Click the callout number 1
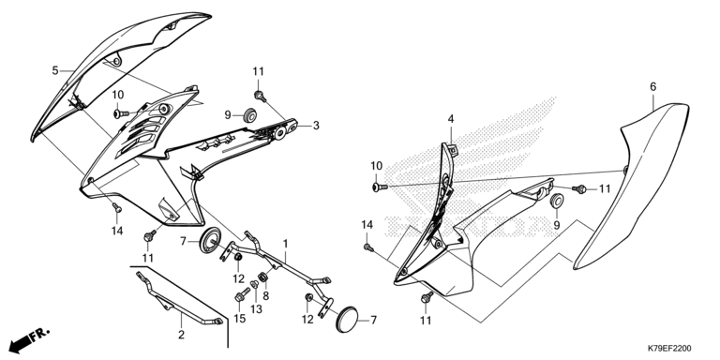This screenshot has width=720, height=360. pyautogui.click(x=285, y=243)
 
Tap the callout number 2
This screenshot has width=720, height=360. pyautogui.click(x=181, y=335)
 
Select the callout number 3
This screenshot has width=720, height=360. pyautogui.click(x=316, y=125)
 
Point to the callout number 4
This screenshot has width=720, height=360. pyautogui.click(x=451, y=119)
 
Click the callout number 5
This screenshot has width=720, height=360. pyautogui.click(x=55, y=70)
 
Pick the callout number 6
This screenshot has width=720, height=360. pyautogui.click(x=652, y=86)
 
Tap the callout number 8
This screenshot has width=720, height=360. pyautogui.click(x=266, y=296)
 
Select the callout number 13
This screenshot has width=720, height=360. pyautogui.click(x=256, y=309)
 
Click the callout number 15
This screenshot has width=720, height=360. pyautogui.click(x=240, y=319)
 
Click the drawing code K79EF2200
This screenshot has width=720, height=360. pyautogui.click(x=669, y=349)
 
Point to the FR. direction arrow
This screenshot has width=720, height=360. pyautogui.click(x=29, y=339)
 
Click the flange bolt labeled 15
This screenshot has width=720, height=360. pyautogui.click(x=242, y=294)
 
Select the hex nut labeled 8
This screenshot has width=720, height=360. pyautogui.click(x=263, y=277)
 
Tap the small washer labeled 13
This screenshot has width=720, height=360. pyautogui.click(x=255, y=285)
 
